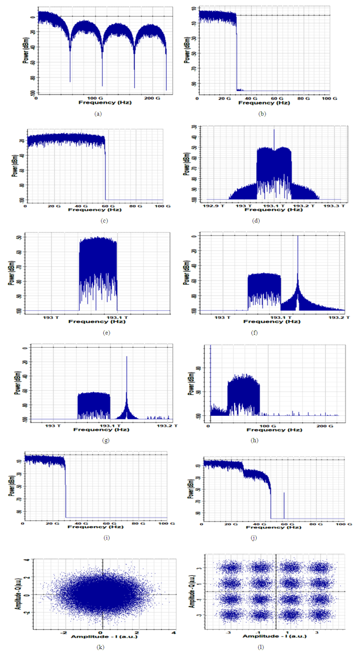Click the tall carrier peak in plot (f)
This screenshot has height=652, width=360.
click(298, 237)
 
